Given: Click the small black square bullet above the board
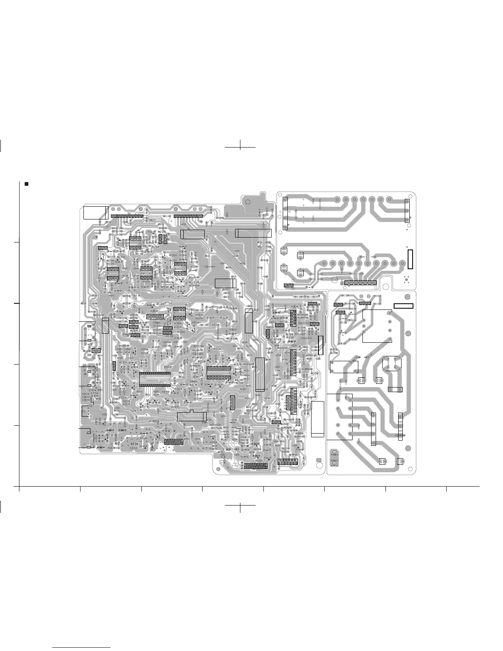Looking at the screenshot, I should [26, 184].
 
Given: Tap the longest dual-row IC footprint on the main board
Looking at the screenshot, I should [155, 379].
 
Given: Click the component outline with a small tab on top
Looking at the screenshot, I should [192, 416].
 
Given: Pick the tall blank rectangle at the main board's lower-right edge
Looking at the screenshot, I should [318, 419].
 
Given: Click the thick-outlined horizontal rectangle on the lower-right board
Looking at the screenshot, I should [403, 305].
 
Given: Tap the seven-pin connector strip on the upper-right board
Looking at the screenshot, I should [361, 283].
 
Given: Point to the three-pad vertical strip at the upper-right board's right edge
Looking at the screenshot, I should [407, 211].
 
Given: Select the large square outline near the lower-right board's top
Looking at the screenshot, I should [377, 326].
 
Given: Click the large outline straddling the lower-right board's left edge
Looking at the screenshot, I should [339, 417].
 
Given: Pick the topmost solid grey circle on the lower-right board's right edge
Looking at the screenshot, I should [407, 298].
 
